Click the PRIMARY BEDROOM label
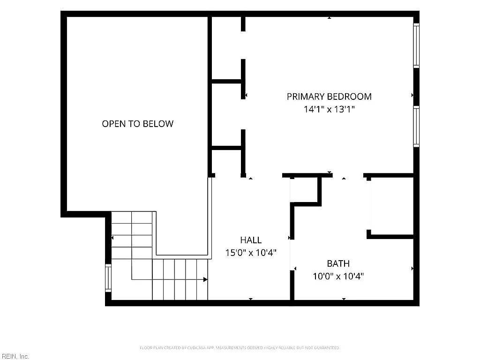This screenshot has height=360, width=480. click(x=329, y=97)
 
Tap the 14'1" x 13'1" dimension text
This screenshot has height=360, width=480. click(x=329, y=109)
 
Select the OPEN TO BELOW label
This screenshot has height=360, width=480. click(x=138, y=124)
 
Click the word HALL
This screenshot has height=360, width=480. click(x=251, y=240)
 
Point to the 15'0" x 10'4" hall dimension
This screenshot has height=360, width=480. click(x=251, y=253)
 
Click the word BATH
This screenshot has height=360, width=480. click(x=338, y=263)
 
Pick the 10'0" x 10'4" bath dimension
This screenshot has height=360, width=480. click(x=338, y=276)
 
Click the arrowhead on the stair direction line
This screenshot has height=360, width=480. click(x=205, y=279)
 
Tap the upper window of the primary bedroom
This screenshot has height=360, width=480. click(x=416, y=45)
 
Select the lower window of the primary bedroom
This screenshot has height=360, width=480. click(x=416, y=127)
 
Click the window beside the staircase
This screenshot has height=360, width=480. click(x=108, y=278)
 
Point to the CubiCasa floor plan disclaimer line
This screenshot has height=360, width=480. click(x=240, y=348)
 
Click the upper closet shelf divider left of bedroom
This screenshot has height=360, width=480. click(x=227, y=82)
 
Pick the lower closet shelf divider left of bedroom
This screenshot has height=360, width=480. click(x=227, y=148)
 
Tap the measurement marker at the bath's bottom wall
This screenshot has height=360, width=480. click(x=344, y=299)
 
